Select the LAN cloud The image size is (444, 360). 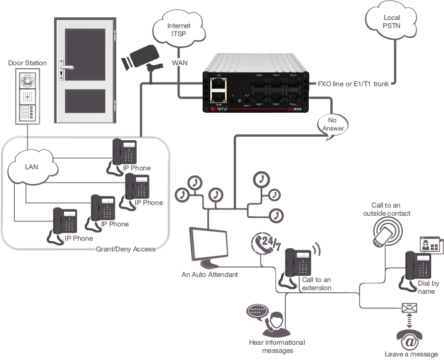31,166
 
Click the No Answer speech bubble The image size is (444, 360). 332,124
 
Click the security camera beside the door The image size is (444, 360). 140,57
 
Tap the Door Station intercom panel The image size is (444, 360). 27,96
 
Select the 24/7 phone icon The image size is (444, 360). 265,244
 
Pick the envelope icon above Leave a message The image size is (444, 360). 409,307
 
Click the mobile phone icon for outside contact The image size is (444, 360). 384,235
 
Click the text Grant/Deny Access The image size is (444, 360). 126,249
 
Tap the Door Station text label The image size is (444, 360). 27,63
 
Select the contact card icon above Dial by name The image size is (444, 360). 428,245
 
